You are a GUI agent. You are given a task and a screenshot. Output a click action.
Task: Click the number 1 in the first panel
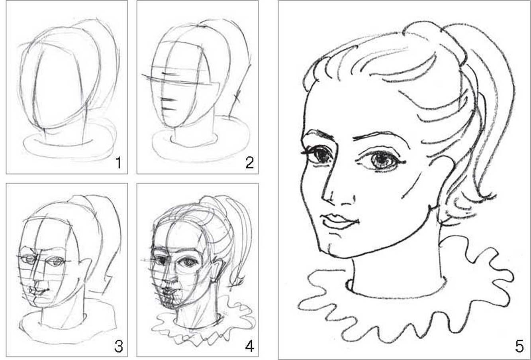119,163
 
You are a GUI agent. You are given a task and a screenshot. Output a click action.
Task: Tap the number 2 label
250,163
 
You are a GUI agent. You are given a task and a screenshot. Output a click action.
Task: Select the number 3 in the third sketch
119,347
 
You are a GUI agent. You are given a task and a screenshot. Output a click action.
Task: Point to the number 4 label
250,347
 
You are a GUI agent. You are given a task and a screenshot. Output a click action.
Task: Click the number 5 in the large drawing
519,347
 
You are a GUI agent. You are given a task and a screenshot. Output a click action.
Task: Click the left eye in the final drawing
319,155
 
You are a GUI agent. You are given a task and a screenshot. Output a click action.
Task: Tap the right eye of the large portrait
381,160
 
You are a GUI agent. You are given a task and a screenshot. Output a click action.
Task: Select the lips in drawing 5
339,221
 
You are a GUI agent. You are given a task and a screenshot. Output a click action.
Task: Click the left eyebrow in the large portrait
317,135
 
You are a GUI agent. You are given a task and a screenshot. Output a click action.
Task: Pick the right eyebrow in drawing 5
382,138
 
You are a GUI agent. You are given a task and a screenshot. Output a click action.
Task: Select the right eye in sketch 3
57,262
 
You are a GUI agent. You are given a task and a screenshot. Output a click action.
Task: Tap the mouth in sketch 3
39,291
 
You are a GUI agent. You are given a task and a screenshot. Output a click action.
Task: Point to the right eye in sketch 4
188,262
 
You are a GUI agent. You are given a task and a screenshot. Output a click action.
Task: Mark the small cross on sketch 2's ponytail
237,97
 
